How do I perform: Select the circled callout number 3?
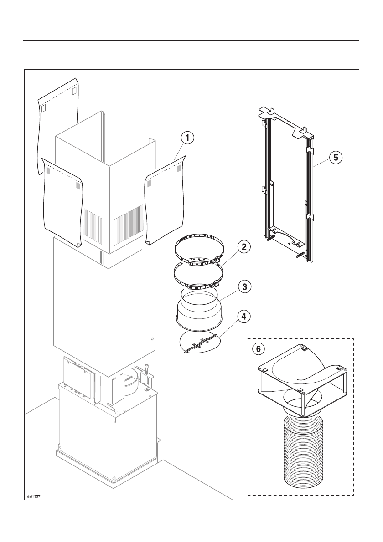click(x=244, y=287)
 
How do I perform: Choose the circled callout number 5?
click(x=336, y=158)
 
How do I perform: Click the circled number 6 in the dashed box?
click(x=259, y=349)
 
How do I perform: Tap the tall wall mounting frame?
click(x=287, y=182)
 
